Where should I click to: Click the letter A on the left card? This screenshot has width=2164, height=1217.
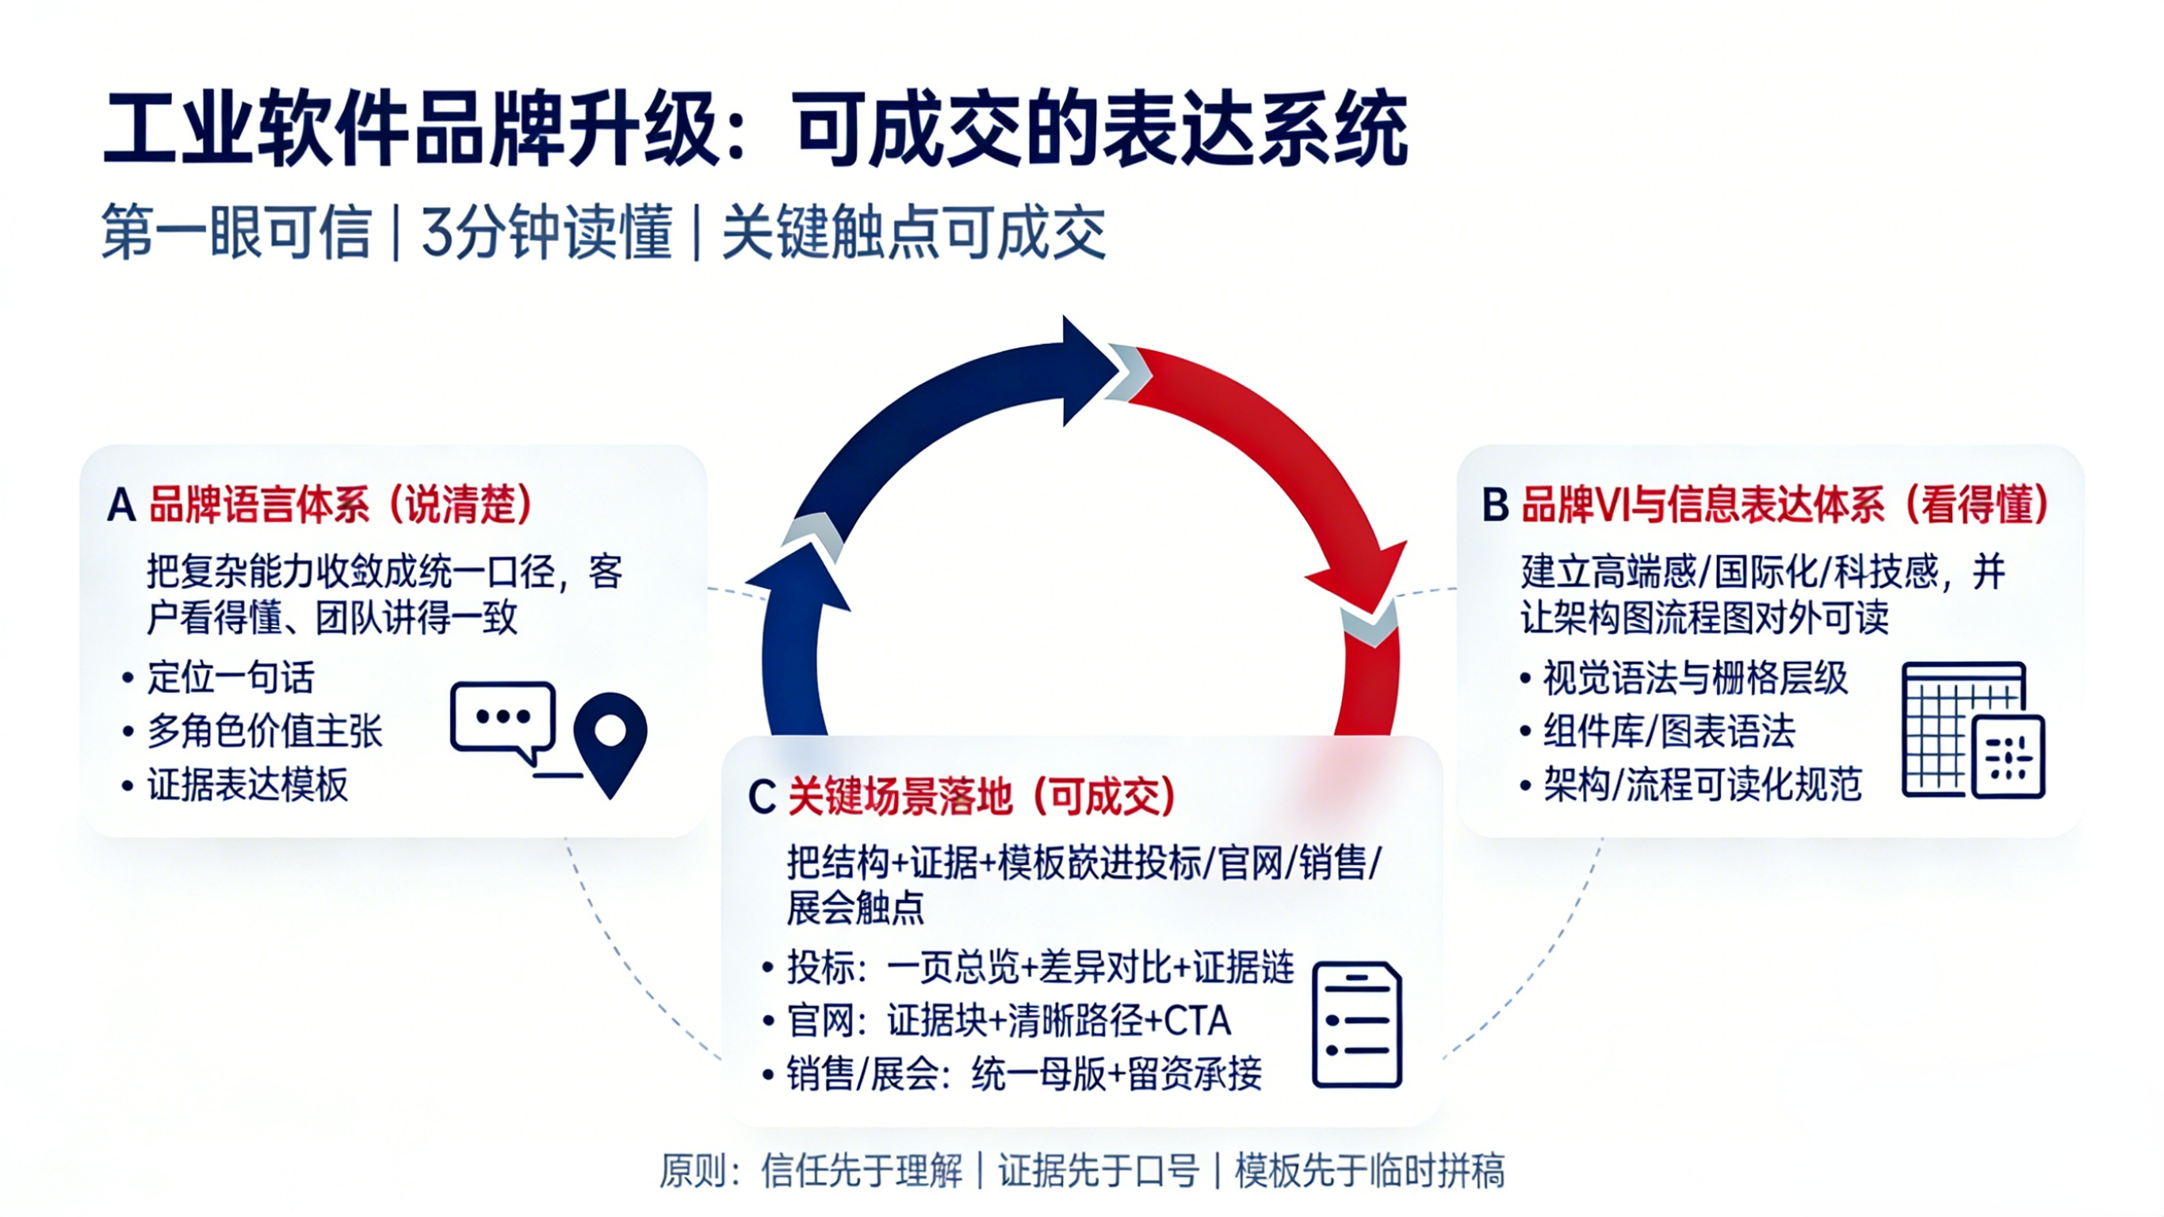coord(121,506)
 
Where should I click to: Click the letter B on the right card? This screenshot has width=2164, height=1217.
coord(1495,506)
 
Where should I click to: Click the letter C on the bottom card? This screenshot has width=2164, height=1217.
coord(761,797)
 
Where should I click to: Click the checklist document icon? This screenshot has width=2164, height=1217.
coord(1357,1024)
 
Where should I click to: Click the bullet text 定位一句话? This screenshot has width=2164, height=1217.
coord(230,678)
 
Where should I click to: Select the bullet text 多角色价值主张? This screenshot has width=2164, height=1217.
coord(265,731)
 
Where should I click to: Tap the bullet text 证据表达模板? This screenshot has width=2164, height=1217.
coord(247,785)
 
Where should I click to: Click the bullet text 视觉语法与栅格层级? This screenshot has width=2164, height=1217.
coord(1696,678)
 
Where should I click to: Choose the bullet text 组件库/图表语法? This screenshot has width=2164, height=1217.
coord(1669,731)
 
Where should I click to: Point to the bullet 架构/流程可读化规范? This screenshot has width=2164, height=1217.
coord(1702,785)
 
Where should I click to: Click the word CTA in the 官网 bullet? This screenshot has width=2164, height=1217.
coord(1197,1021)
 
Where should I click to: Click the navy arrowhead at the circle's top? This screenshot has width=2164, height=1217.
coord(1088,369)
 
